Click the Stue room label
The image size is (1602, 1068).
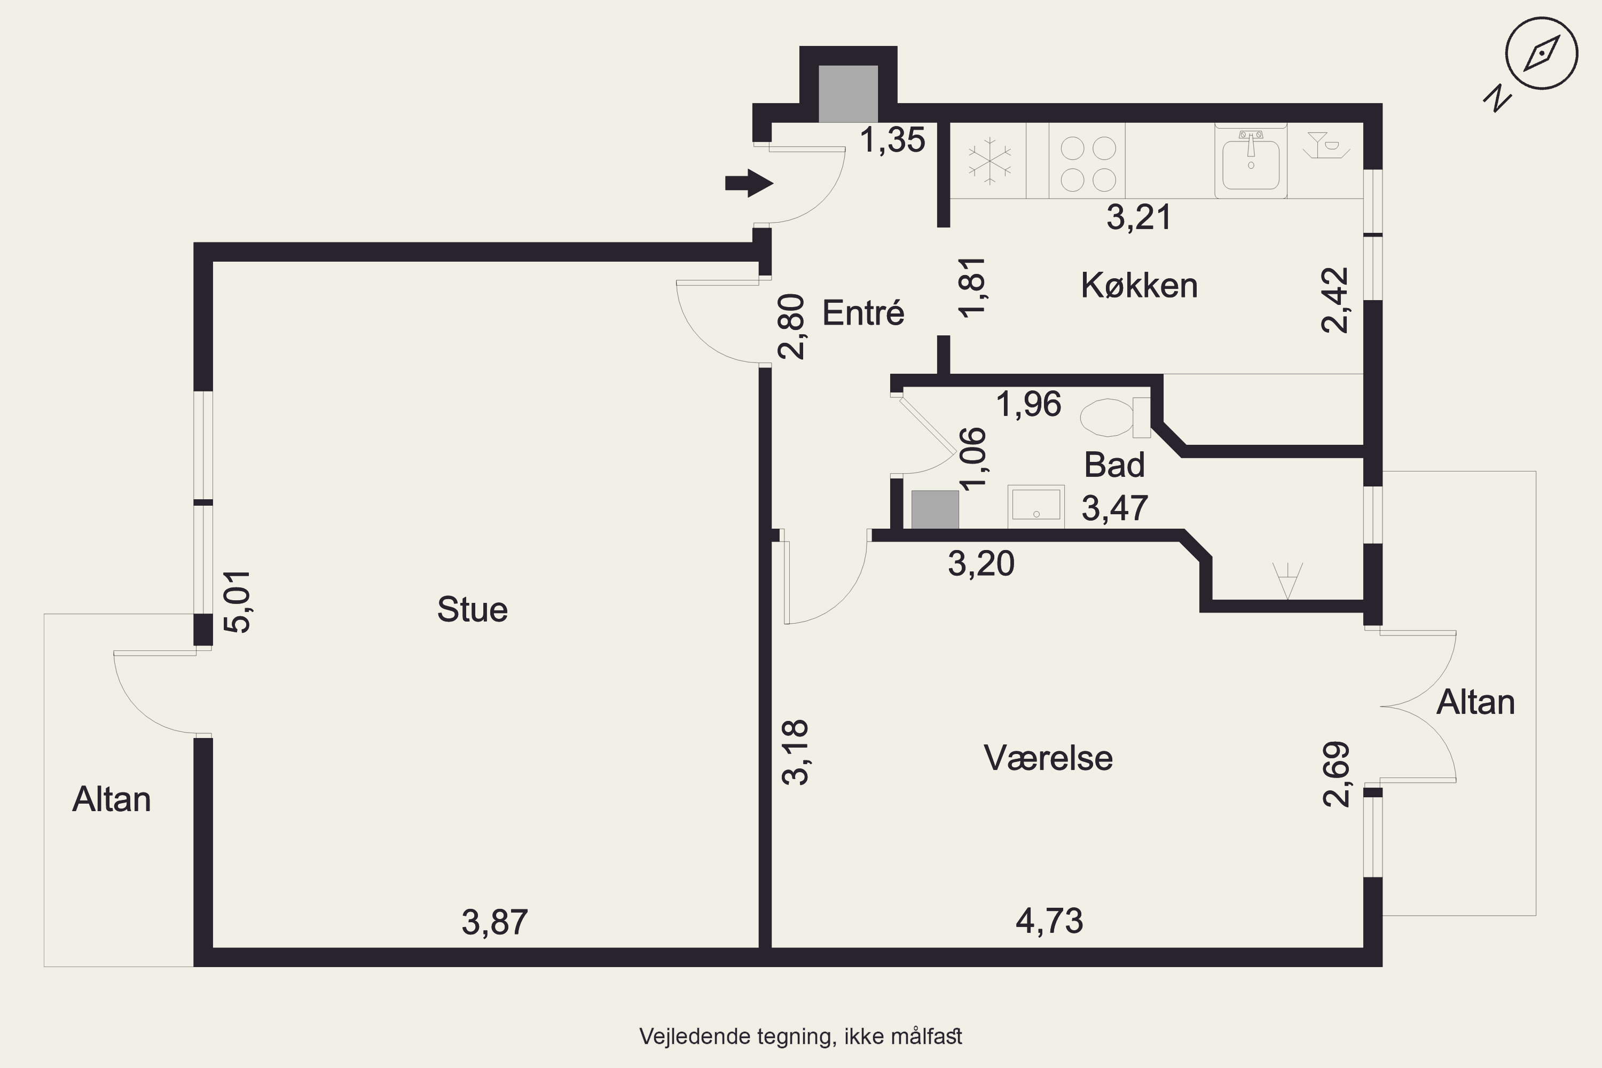point(472,610)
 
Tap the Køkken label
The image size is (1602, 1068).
point(1139,285)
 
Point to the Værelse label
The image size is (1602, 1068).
point(1048,758)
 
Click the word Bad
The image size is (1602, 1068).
point(1114,465)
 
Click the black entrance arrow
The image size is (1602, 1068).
point(749,183)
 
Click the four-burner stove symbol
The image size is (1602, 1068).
point(1088,163)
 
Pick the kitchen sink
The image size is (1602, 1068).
point(1251,161)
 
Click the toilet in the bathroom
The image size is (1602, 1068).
point(1115,418)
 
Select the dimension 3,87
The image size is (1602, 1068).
point(494,922)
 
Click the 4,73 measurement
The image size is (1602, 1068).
point(1049,921)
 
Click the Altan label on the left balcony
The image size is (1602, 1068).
point(112,799)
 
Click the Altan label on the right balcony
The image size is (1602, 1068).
point(1475,702)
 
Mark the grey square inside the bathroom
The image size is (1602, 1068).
point(935,509)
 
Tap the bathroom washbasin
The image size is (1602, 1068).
point(1036,507)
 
